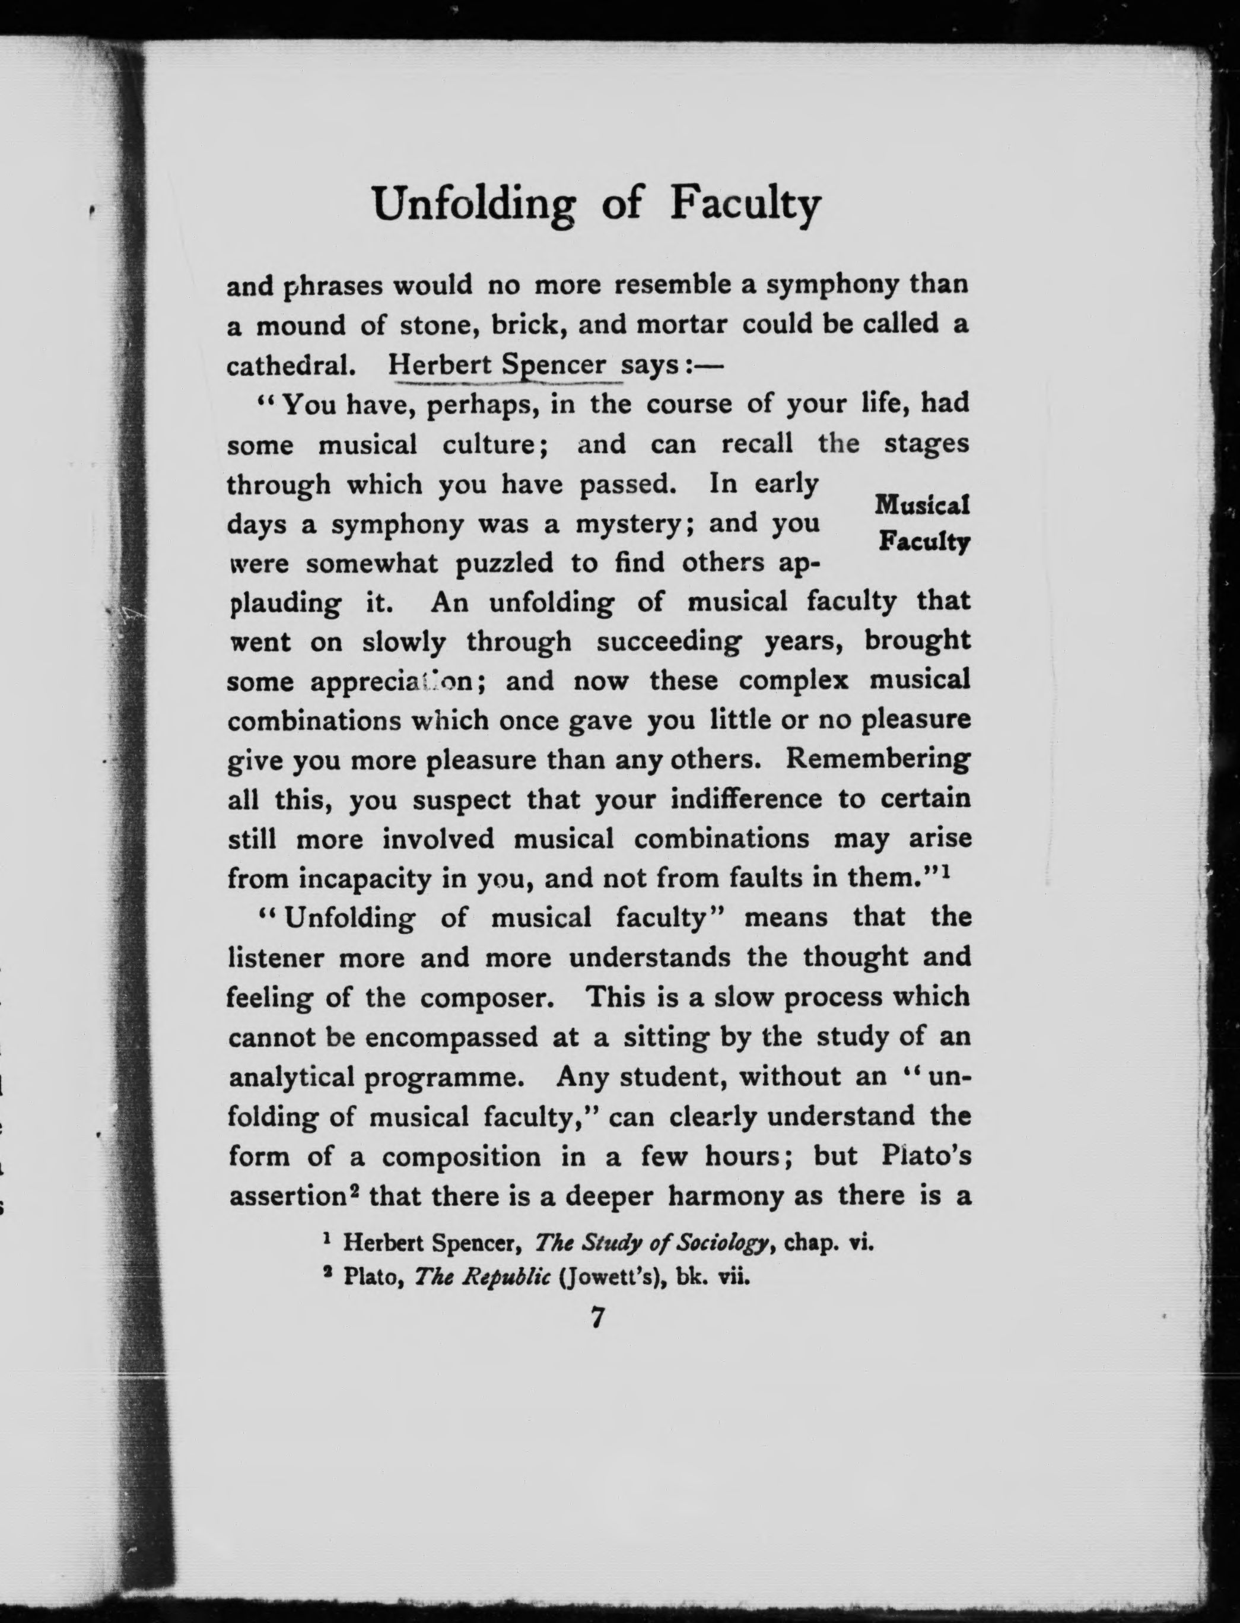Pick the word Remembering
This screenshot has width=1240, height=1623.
pyautogui.click(x=878, y=759)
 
